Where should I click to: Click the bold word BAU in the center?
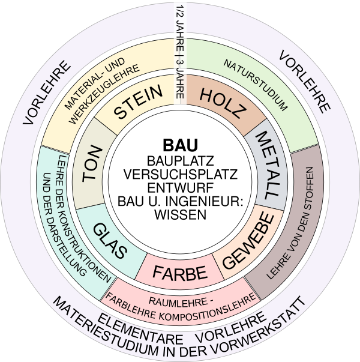coord(180,146)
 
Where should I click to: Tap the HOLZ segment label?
coord(222,101)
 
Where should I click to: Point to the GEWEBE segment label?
coord(250,243)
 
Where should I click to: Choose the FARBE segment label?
coord(179,273)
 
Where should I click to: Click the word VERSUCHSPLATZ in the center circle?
coord(180,174)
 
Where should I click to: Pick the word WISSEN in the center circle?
coord(180,213)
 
